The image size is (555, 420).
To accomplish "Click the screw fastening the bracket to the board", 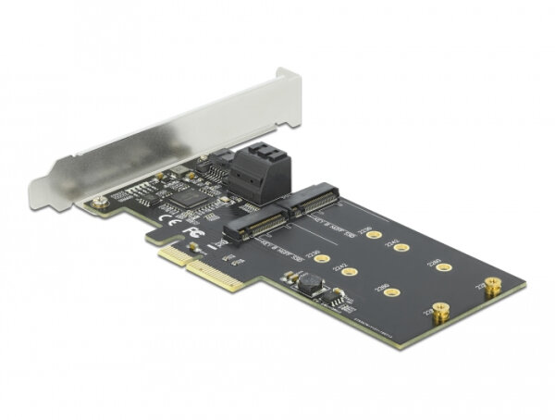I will (x=96, y=200).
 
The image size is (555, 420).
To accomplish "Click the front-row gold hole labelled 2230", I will (x=320, y=260).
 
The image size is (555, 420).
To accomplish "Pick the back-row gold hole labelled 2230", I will (x=372, y=236).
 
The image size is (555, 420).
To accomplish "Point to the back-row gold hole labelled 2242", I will (x=401, y=248).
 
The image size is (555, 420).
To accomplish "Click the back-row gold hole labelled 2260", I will (x=443, y=268).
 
